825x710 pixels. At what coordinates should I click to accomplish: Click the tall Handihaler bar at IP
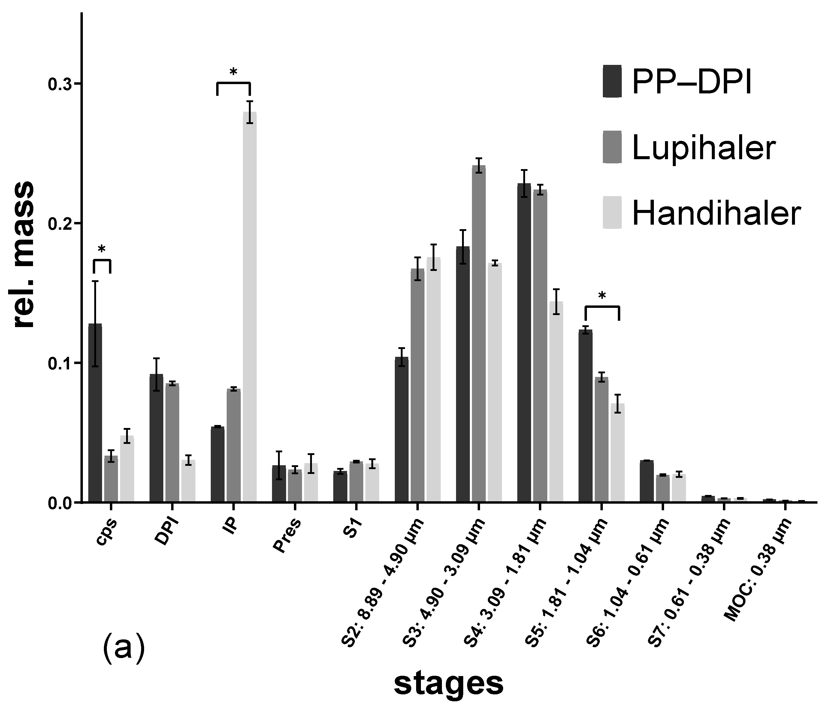(x=250, y=307)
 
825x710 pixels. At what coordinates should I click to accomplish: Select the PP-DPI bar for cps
(x=95, y=412)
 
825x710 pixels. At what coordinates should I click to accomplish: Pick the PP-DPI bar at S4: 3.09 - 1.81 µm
(x=524, y=343)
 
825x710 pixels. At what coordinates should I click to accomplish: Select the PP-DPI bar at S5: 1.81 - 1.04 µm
(x=585, y=416)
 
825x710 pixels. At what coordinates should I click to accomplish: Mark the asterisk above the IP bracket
(x=233, y=72)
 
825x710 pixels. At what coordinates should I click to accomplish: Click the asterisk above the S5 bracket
(x=602, y=296)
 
